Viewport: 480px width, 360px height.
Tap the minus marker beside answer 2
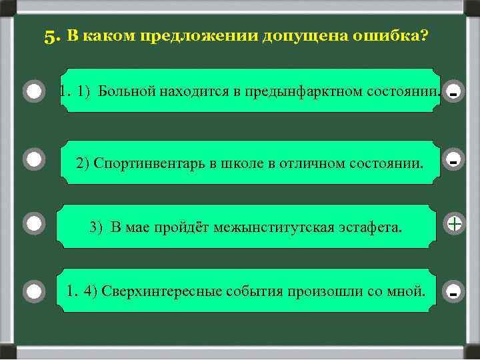[453, 161]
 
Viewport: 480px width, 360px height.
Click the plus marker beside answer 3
[454, 223]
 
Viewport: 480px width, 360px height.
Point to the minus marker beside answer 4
[453, 292]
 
